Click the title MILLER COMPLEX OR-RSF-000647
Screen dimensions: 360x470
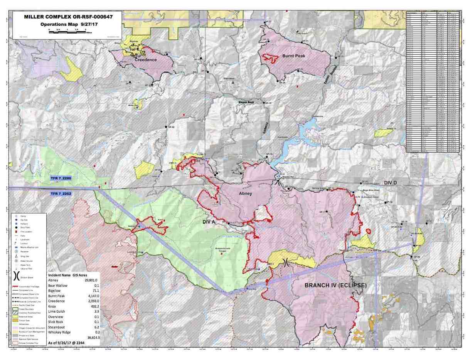coord(68,17)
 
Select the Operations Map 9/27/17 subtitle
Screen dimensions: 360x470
coord(68,24)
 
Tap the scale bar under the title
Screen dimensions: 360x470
coord(68,31)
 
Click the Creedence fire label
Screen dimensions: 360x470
coord(145,60)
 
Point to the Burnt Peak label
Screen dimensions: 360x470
coord(293,56)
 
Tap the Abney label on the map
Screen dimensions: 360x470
coord(245,193)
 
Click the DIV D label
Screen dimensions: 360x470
coord(393,183)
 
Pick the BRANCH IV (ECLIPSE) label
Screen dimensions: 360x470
coord(335,286)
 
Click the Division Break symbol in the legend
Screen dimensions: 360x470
coord(16,276)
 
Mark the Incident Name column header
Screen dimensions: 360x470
coord(59,275)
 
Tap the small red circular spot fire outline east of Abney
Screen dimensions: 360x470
coord(369,231)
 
